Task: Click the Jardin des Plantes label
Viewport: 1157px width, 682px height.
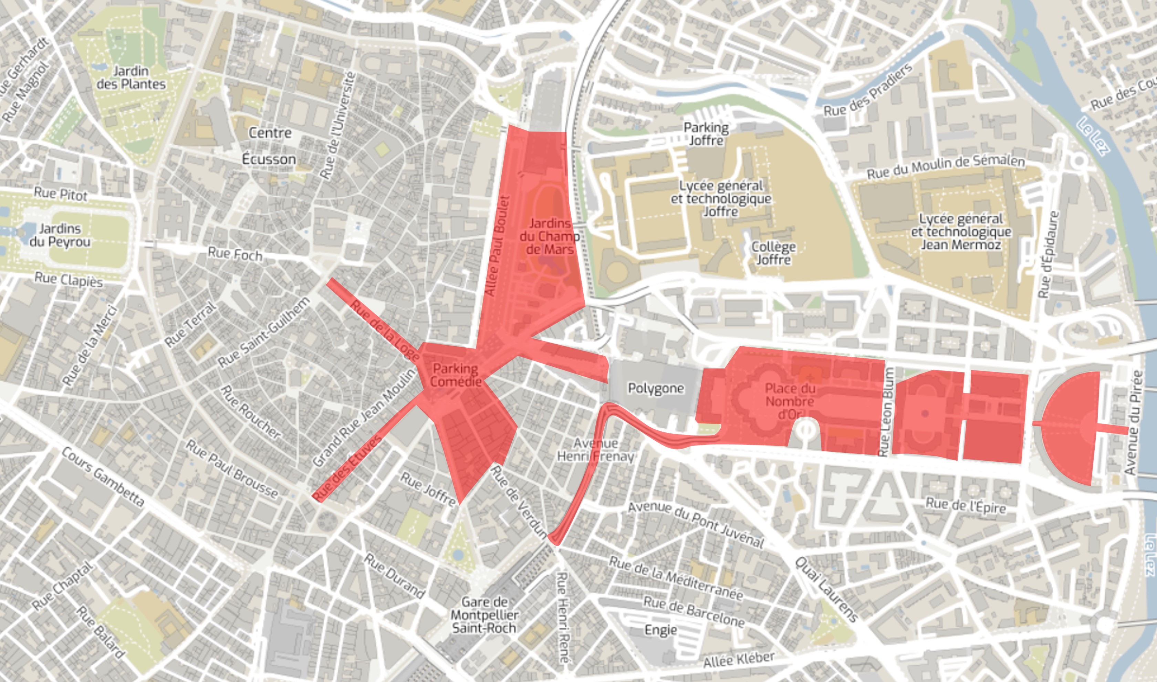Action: pyautogui.click(x=131, y=78)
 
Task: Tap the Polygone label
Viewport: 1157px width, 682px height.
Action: pyautogui.click(x=656, y=388)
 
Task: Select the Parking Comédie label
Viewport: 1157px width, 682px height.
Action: pyautogui.click(x=456, y=375)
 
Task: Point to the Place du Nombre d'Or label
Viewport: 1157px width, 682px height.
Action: pyautogui.click(x=790, y=401)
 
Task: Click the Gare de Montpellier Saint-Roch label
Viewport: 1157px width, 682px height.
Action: pyautogui.click(x=484, y=615)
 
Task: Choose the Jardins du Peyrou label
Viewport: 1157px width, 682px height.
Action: pyautogui.click(x=60, y=235)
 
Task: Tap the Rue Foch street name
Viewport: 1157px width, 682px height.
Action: pyautogui.click(x=235, y=254)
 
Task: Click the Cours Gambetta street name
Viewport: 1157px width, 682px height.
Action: pyautogui.click(x=103, y=478)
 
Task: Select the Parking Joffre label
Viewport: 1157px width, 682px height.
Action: pyautogui.click(x=706, y=134)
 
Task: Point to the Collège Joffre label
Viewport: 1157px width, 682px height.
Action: pyautogui.click(x=774, y=253)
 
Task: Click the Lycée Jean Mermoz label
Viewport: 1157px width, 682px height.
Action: pyautogui.click(x=961, y=232)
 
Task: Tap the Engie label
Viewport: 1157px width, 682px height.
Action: pyautogui.click(x=660, y=630)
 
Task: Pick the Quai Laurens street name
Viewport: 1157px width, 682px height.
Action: pyautogui.click(x=826, y=590)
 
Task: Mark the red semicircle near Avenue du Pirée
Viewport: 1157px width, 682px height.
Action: pyautogui.click(x=1071, y=427)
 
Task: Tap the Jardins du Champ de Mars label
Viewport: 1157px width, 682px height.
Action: pyautogui.click(x=549, y=237)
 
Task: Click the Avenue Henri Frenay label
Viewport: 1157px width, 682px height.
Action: pyautogui.click(x=596, y=450)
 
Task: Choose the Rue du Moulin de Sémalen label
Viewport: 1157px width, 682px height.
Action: pyautogui.click(x=946, y=167)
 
